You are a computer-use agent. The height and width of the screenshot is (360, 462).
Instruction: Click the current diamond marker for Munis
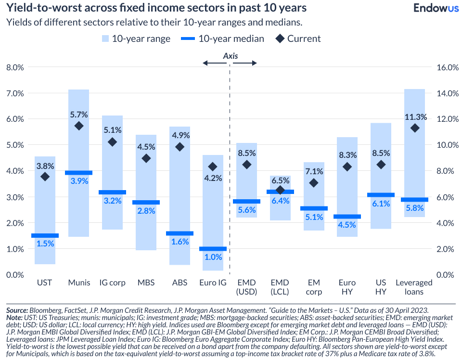79,126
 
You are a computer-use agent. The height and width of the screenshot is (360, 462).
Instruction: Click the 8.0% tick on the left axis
15,67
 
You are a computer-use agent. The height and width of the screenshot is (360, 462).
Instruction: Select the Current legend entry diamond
280,39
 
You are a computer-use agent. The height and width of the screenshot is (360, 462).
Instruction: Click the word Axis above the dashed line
231,56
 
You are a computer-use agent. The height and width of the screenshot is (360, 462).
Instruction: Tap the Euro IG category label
213,283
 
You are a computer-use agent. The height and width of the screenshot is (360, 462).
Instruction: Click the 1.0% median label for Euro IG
213,258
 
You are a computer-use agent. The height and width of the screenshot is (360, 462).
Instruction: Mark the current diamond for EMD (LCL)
280,190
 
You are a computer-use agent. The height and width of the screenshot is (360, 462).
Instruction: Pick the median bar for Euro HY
347,217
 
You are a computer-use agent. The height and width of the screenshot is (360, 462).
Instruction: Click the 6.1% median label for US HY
381,204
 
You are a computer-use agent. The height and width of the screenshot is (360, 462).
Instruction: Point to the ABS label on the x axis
180,283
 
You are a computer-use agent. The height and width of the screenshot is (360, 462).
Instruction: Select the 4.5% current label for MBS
146,147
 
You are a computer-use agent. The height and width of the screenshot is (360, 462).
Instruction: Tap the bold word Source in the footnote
17,311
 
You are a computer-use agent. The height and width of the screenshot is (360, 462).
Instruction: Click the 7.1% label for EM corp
314,172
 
